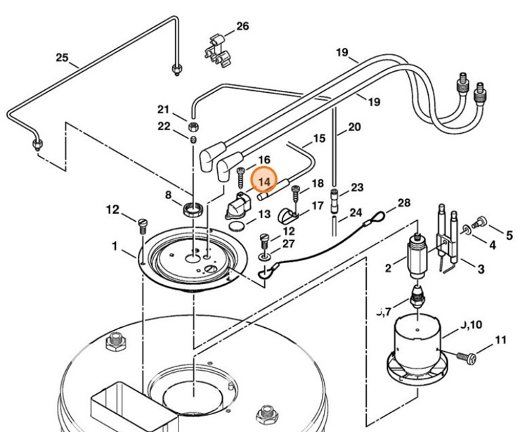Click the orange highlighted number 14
[265, 182]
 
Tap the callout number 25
[63, 58]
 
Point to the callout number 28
[403, 203]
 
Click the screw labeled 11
[467, 357]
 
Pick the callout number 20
[353, 127]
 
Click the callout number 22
[164, 126]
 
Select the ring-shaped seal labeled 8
[193, 209]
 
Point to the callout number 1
[115, 247]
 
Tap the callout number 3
[481, 269]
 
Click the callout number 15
[319, 139]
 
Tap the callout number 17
[318, 206]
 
